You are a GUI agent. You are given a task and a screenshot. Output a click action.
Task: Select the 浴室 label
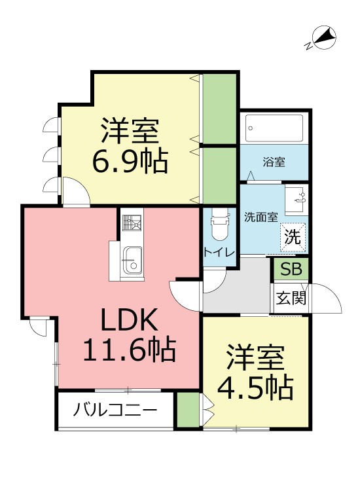pos(272,160)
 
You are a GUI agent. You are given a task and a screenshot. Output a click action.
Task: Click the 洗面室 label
pos(261,215)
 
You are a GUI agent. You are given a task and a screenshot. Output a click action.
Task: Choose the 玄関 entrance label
pos(289,299)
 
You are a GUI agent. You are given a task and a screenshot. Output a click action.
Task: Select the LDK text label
pos(128,321)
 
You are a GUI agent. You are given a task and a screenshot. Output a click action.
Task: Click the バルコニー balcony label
pos(115,411)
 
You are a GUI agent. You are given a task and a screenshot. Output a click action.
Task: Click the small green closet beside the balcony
pos(188,410)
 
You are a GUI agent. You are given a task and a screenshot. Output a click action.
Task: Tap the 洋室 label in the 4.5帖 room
pos(255,357)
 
